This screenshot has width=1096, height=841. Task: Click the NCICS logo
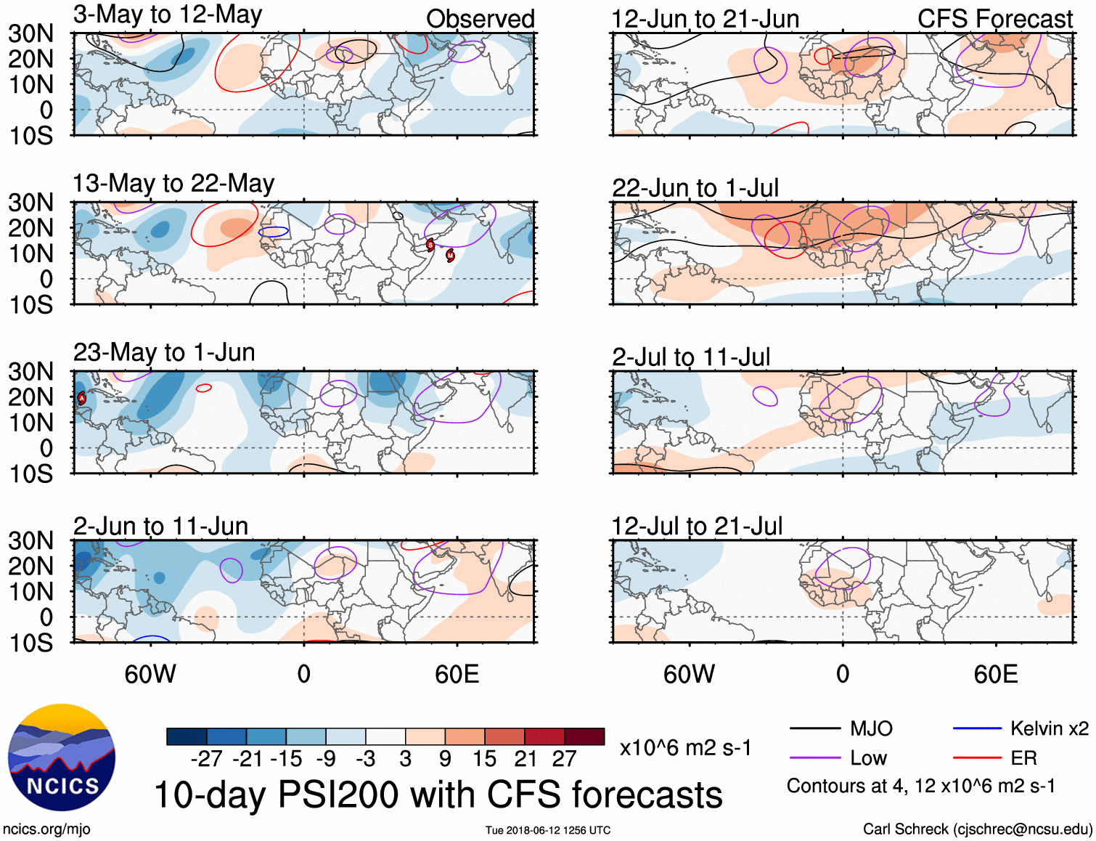[62, 757]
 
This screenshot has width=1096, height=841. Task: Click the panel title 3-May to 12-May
[168, 15]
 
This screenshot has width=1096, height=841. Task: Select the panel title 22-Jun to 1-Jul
[695, 188]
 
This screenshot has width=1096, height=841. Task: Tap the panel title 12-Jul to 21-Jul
[697, 527]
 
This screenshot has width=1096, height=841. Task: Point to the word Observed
[480, 19]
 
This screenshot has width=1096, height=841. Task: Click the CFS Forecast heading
[994, 19]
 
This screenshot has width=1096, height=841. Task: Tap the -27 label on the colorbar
[207, 759]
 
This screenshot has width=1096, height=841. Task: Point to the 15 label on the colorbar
[484, 759]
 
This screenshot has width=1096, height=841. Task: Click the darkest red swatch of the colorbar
[584, 736]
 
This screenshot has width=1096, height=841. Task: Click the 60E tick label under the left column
[457, 675]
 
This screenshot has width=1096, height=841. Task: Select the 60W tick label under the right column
[689, 675]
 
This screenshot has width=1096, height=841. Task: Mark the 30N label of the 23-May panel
[31, 372]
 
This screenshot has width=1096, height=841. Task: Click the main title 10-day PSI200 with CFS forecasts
[438, 795]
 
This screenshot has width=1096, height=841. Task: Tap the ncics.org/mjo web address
[46, 829]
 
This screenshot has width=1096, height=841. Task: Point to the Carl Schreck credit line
[977, 829]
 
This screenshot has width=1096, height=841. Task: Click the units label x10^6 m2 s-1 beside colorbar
[685, 748]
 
